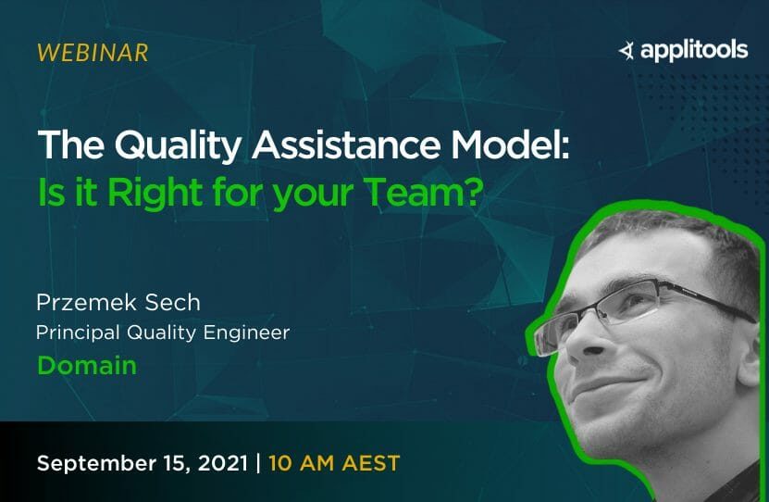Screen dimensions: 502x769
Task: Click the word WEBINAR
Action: pyautogui.click(x=92, y=53)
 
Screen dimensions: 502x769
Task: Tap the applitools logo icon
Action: pyautogui.click(x=626, y=50)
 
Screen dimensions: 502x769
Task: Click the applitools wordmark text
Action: pyautogui.click(x=693, y=50)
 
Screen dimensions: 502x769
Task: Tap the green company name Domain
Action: pyautogui.click(x=87, y=365)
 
